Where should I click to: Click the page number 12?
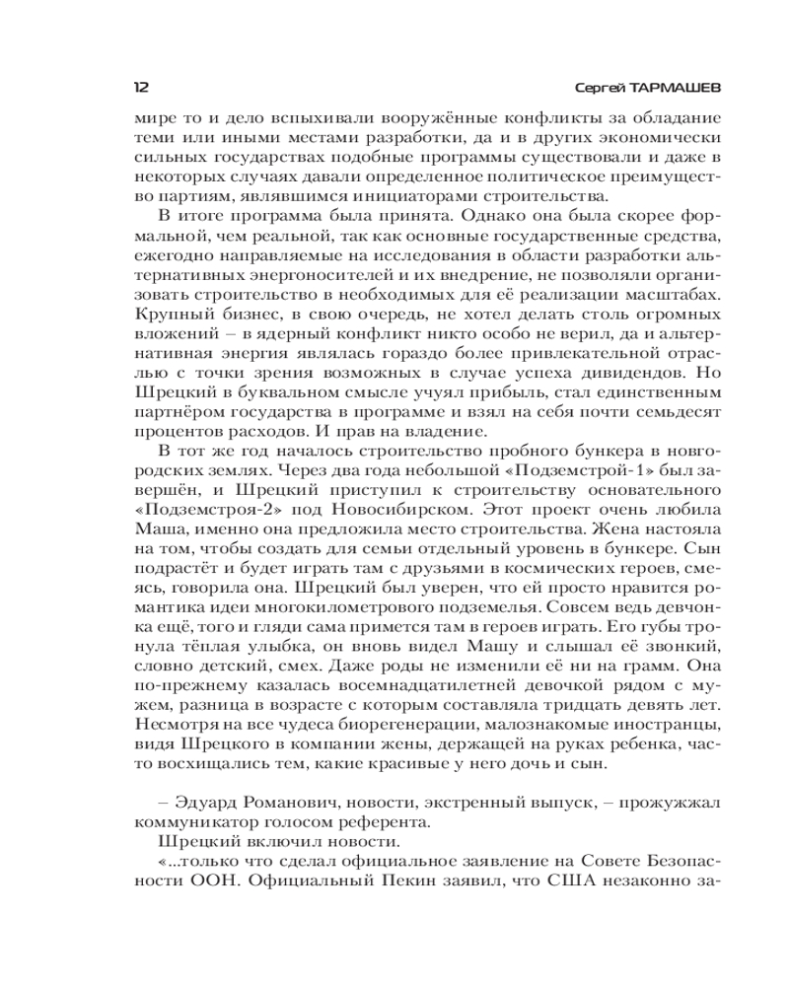click(140, 87)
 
